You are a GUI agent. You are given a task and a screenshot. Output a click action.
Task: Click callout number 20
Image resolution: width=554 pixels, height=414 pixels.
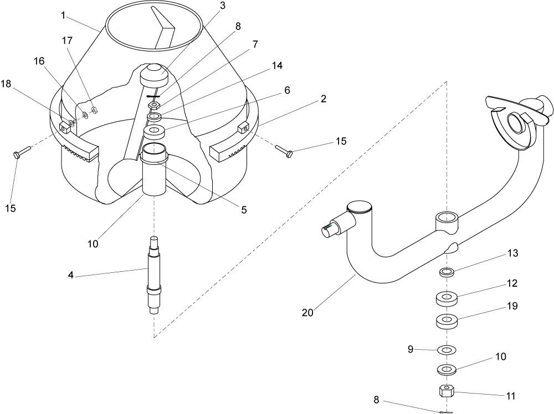click(307, 313)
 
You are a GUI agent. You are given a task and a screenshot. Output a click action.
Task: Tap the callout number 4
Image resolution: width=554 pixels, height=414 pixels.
click(71, 275)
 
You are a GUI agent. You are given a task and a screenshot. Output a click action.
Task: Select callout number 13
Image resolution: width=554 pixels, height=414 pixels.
click(512, 253)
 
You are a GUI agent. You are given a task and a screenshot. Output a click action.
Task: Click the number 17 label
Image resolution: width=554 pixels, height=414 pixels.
click(67, 41)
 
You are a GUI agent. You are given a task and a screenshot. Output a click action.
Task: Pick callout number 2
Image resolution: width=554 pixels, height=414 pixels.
click(324, 99)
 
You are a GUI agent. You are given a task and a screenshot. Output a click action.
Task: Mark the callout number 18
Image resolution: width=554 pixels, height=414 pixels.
click(6, 84)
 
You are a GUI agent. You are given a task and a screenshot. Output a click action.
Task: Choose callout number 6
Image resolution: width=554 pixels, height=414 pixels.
click(287, 90)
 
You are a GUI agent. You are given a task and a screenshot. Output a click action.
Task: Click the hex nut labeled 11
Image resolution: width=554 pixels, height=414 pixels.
click(446, 391)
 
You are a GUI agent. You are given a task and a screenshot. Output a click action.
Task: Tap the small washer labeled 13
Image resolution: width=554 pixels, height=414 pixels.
click(447, 272)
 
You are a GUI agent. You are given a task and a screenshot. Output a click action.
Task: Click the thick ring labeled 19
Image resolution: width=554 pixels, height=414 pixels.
click(447, 321)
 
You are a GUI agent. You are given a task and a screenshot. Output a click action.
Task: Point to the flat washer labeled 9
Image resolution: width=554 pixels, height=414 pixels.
click(447, 350)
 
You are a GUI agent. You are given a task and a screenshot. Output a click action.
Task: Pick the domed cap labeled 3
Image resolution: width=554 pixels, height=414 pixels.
click(153, 75)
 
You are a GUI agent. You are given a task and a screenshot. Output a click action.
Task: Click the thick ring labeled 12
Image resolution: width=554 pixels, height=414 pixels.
click(447, 298)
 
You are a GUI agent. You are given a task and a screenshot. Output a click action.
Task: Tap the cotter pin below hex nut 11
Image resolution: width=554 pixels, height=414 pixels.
click(446, 412)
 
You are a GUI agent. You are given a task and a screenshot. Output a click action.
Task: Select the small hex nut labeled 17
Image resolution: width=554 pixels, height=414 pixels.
click(94, 110)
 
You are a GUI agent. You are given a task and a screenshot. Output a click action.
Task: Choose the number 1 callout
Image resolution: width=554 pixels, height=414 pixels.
click(63, 15)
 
